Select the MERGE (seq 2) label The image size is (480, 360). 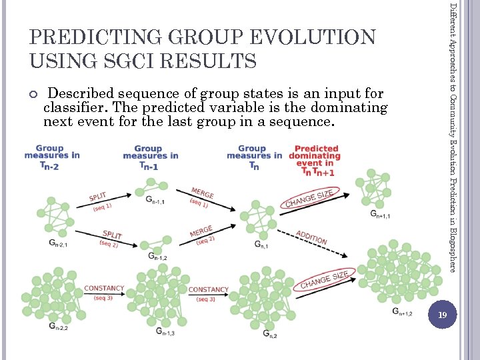[x=201, y=235]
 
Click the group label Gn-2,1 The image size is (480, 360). [x=58, y=243]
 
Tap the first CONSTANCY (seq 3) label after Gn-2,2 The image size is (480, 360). [x=104, y=293]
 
